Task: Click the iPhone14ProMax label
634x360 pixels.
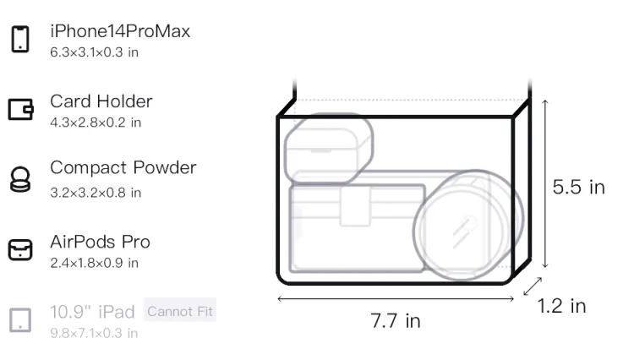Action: coord(120,31)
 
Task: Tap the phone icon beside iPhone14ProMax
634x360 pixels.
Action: coord(20,39)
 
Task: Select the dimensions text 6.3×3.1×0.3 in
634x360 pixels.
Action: coord(94,52)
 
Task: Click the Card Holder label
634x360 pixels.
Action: coord(101,101)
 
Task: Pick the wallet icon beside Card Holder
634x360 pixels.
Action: coord(20,109)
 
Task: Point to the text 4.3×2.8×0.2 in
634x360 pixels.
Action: coord(96,123)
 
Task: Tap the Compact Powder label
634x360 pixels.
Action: coord(123,167)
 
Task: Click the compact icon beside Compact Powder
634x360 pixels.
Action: coord(20,179)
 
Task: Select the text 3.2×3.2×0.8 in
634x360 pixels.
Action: coord(96,193)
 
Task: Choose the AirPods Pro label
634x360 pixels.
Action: coord(101,242)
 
